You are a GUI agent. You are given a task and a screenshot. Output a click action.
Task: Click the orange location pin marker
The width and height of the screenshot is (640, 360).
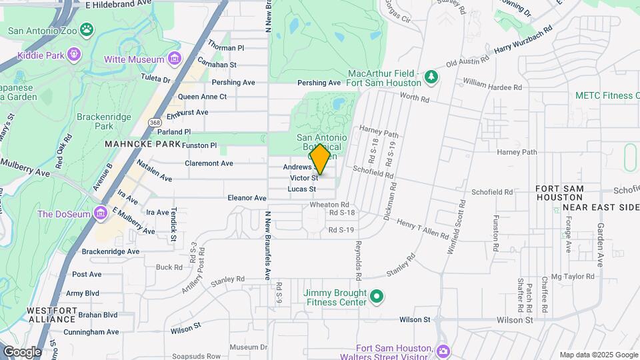(320, 158)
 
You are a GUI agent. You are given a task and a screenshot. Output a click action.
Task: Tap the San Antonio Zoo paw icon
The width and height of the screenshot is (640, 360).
(87, 29)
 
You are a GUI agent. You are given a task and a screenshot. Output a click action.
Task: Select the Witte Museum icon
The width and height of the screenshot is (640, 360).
(175, 59)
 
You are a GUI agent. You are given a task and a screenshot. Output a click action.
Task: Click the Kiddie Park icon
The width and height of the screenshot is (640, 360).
(73, 55)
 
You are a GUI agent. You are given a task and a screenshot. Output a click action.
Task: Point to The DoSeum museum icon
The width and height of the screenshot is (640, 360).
(101, 213)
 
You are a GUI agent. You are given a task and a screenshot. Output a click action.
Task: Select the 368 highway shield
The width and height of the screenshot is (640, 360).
(155, 123)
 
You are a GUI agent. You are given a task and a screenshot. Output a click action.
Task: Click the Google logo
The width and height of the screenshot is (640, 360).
(22, 351)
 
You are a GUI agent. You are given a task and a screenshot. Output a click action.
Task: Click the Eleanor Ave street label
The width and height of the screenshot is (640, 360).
(247, 198)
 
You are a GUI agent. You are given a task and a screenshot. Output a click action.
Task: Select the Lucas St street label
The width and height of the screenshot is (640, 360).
(301, 189)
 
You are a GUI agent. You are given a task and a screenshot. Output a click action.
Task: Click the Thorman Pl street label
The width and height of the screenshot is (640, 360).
(226, 48)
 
